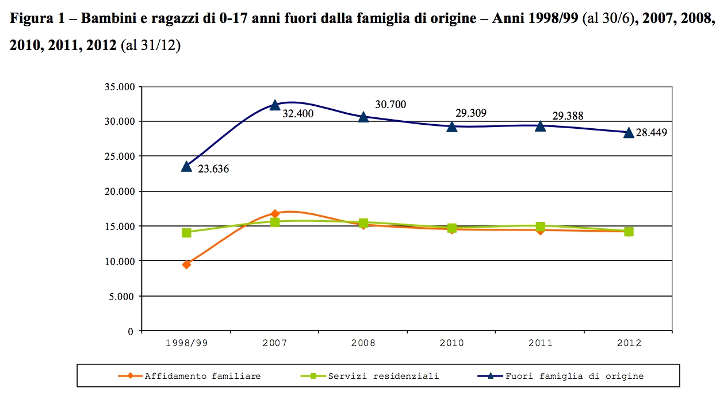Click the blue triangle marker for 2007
click(275, 105)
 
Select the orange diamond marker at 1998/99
click(186, 264)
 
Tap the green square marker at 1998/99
click(186, 233)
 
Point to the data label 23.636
click(213, 169)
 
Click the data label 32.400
click(298, 114)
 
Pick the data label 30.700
click(390, 105)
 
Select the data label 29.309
click(471, 113)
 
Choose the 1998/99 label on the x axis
click(186, 343)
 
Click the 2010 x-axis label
click(452, 343)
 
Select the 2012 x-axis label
click(629, 343)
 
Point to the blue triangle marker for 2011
click(541, 126)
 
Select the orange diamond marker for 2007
click(275, 214)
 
